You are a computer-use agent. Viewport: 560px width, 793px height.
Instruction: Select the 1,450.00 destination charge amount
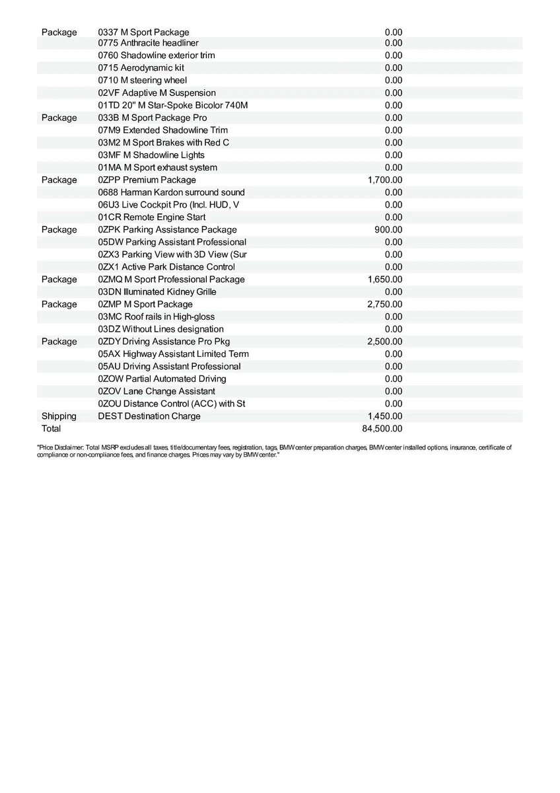(x=385, y=416)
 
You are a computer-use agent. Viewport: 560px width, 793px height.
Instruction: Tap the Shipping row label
(x=59, y=416)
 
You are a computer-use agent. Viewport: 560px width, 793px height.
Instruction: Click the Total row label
(x=51, y=429)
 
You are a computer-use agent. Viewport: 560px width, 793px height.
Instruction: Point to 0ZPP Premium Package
(x=147, y=180)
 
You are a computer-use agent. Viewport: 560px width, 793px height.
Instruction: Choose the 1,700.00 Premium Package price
(x=385, y=180)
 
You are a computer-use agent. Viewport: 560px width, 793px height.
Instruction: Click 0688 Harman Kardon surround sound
(x=171, y=192)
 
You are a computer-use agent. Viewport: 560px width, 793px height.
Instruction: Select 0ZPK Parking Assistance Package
(x=167, y=229)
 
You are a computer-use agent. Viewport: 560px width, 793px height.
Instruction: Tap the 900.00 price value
(x=388, y=229)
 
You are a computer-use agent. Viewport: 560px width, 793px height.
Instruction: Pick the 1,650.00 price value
(x=385, y=280)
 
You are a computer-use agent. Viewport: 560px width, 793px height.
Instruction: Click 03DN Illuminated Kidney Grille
(x=157, y=291)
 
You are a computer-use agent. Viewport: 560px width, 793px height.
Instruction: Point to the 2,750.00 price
(x=385, y=304)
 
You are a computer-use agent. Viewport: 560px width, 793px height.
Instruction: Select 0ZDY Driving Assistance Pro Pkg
(x=164, y=342)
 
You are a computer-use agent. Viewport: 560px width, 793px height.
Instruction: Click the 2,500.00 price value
(x=385, y=342)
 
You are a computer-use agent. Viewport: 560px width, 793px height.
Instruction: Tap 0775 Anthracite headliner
(x=143, y=43)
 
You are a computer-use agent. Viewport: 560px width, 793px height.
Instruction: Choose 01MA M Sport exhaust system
(x=157, y=167)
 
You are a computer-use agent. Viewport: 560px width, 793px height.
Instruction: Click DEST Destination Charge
(x=149, y=416)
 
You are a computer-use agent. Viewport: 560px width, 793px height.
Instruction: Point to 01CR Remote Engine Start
(x=151, y=217)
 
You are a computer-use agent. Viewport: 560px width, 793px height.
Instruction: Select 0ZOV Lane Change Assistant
(x=157, y=391)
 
